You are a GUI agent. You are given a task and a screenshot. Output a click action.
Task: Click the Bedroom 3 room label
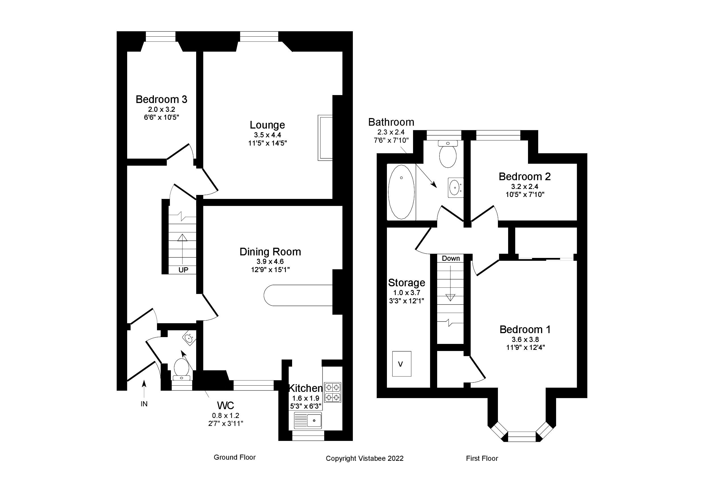(x=161, y=99)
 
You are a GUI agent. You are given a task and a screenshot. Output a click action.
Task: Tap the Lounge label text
(x=267, y=125)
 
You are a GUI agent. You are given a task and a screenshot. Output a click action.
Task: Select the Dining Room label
(x=270, y=252)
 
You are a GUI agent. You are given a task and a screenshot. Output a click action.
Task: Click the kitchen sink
(x=307, y=420)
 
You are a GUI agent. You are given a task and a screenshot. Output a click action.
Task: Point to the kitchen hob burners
(x=333, y=392)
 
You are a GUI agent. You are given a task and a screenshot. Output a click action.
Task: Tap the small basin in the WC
(x=189, y=339)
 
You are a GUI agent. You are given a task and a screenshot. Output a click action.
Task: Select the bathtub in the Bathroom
(x=401, y=192)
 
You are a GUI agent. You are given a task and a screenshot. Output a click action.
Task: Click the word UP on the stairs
(x=183, y=270)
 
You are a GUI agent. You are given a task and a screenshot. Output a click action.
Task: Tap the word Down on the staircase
(x=451, y=258)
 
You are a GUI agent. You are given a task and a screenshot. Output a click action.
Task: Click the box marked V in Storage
(x=402, y=364)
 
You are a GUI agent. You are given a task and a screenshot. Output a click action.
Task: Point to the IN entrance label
(x=144, y=404)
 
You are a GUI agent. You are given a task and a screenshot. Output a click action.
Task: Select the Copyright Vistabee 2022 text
(x=364, y=458)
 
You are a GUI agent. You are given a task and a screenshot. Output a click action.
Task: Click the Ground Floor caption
(x=234, y=457)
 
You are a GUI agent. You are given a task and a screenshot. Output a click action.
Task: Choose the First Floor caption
(x=482, y=458)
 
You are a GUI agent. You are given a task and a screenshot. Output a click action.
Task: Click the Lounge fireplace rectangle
(x=325, y=138)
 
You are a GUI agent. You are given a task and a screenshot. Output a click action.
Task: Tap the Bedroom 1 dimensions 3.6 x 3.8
(x=525, y=339)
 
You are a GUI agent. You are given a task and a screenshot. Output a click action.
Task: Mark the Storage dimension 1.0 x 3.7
(x=407, y=293)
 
